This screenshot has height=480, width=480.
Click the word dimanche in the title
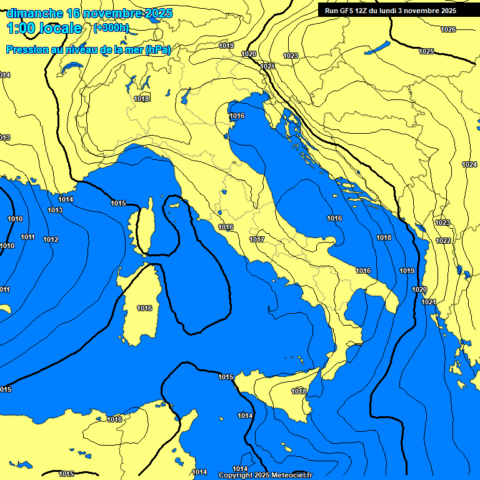(35, 13)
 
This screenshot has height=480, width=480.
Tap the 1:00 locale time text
(44, 28)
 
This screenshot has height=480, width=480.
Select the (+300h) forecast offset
(111, 28)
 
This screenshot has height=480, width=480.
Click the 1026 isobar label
(448, 29)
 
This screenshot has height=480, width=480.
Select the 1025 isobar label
(426, 51)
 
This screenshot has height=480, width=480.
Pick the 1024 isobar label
(469, 164)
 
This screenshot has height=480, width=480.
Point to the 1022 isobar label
(443, 241)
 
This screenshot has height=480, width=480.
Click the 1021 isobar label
(429, 302)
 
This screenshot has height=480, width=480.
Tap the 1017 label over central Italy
(257, 239)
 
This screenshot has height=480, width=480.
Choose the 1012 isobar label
(51, 239)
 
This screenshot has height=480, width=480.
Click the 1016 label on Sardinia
(144, 308)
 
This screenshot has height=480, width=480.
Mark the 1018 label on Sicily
(299, 391)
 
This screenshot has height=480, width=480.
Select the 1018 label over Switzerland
(141, 99)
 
